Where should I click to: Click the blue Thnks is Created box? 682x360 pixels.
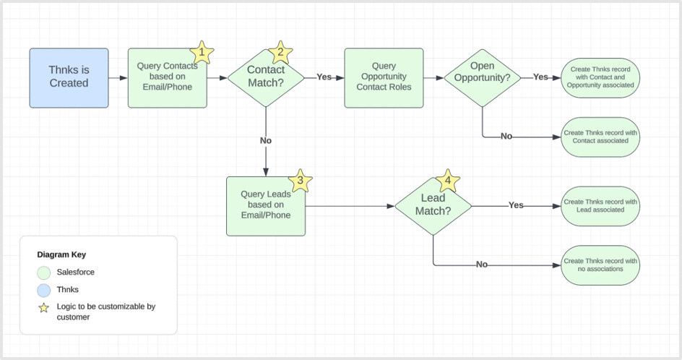pyautogui.click(x=69, y=78)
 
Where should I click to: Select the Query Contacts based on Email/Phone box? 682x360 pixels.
pyautogui.click(x=167, y=78)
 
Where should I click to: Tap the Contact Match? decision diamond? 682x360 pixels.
pyautogui.click(x=266, y=77)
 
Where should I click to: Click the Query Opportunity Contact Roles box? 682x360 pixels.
pyautogui.click(x=384, y=77)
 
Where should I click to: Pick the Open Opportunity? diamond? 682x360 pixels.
pyautogui.click(x=482, y=77)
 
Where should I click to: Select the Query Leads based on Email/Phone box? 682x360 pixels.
pyautogui.click(x=265, y=205)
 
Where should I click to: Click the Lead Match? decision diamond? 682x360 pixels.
pyautogui.click(x=433, y=205)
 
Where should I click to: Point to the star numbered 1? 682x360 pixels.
pyautogui.click(x=202, y=53)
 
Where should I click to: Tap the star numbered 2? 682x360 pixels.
pyautogui.click(x=280, y=52)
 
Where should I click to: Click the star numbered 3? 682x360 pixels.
pyautogui.click(x=300, y=181)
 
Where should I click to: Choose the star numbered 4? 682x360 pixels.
pyautogui.click(x=448, y=181)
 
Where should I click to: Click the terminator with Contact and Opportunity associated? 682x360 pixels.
pyautogui.click(x=600, y=77)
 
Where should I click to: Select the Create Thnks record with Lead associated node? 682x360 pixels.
pyautogui.click(x=600, y=205)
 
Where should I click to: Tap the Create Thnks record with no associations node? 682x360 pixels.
pyautogui.click(x=600, y=265)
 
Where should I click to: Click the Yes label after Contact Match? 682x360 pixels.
pyautogui.click(x=324, y=77)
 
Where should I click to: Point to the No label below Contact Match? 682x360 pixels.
pyautogui.click(x=266, y=140)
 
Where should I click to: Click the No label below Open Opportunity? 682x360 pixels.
pyautogui.click(x=506, y=136)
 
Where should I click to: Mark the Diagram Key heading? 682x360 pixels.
pyautogui.click(x=61, y=254)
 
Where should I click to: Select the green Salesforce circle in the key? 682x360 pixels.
pyautogui.click(x=44, y=273)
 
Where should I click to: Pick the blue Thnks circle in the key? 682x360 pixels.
pyautogui.click(x=44, y=289)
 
